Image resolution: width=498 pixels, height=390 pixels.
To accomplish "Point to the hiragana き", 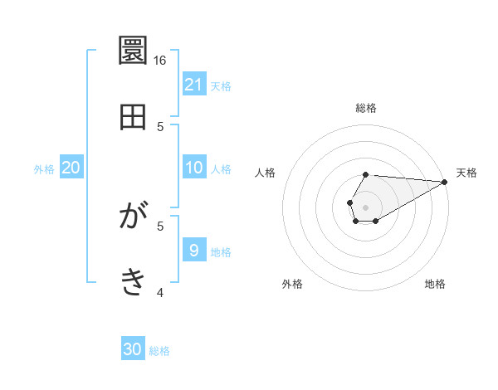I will (134, 282).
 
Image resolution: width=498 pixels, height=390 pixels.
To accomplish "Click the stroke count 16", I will (160, 61).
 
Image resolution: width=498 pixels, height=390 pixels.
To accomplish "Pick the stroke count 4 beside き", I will (160, 292).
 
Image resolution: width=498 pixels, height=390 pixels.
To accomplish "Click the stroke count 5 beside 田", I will (160, 126).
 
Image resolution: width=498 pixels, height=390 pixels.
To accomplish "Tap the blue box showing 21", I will (194, 84).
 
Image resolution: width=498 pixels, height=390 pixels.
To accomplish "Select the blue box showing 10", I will (194, 168).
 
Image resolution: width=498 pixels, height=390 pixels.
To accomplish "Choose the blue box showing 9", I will (194, 250).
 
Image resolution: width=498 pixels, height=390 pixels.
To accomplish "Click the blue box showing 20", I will (71, 168).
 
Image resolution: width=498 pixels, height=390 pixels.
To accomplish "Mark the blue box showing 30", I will (133, 349).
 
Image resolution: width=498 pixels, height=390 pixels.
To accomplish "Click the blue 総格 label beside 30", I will (159, 351).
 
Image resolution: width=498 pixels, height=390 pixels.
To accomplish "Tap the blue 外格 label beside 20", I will (44, 169).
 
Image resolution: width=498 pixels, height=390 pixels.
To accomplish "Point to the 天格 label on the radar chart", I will (466, 173).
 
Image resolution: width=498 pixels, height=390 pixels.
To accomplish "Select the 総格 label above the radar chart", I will (366, 108).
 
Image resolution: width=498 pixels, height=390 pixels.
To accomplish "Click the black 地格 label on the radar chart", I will (435, 284).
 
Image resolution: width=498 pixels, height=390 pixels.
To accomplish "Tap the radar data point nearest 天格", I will (444, 182).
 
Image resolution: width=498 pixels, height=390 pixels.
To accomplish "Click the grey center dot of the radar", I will (365, 206).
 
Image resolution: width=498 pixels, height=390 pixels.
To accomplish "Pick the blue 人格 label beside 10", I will (221, 169).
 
